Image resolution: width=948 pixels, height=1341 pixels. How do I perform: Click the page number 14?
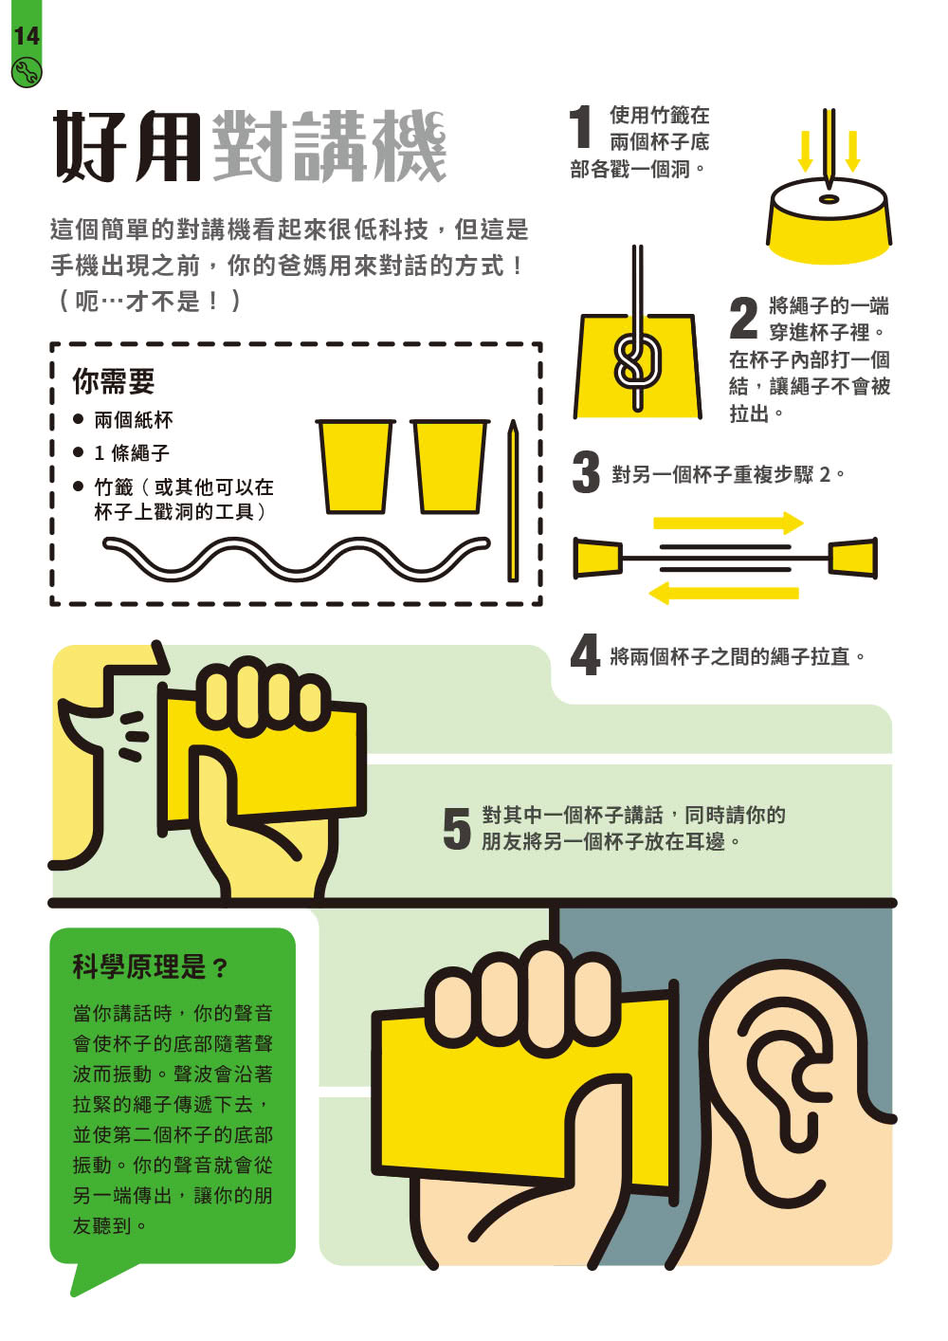pos(27,37)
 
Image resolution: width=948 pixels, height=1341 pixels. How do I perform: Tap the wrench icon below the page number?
pos(27,72)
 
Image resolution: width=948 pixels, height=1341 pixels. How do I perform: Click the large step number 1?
pos(580,126)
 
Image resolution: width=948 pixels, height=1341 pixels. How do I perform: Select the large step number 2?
pos(743,318)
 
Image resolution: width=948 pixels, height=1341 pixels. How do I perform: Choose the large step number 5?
pos(457,828)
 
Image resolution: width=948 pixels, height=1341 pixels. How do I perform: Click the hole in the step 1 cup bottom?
pos(829,198)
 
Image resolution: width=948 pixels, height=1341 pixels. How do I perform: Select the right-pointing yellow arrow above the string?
pos(728,523)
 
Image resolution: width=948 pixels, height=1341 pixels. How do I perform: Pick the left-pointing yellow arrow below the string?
pos(723,593)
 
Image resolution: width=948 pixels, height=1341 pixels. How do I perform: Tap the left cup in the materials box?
pos(355,466)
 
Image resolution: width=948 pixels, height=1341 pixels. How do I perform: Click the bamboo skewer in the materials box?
pos(513,501)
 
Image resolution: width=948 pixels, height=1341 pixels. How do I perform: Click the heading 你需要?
pos(114,380)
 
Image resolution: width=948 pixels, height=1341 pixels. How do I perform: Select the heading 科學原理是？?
pos(150,966)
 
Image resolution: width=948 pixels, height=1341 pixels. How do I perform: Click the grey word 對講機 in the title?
pos(330,145)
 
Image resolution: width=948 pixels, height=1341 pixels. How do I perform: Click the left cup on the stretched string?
pos(598,558)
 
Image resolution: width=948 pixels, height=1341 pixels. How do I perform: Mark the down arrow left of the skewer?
pos(806,151)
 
